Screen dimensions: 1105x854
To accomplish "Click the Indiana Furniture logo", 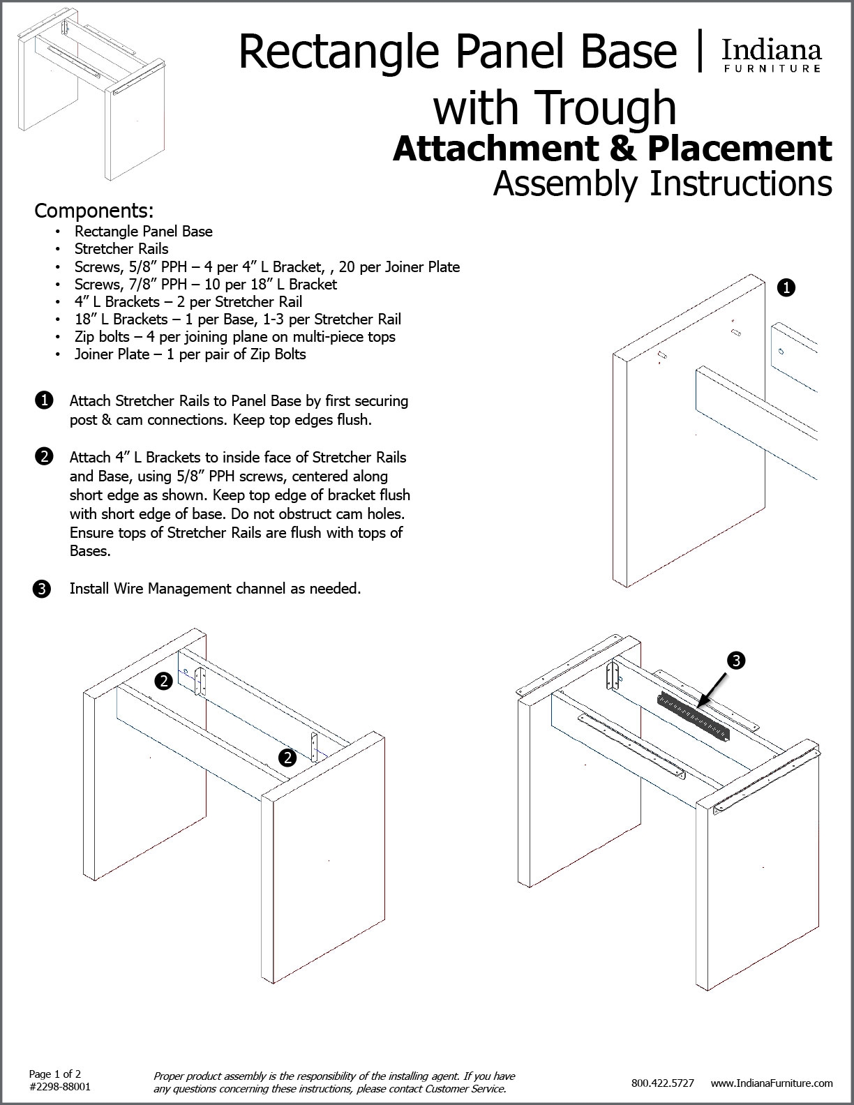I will tap(770, 55).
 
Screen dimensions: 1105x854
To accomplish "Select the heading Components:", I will tap(93, 210).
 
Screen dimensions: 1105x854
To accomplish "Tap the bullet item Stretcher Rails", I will tap(121, 249).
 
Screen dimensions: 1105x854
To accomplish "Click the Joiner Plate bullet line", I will tap(190, 354).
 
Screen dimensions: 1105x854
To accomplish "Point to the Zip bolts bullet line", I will tap(234, 337).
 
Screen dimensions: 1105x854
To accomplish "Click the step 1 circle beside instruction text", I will tap(43, 400).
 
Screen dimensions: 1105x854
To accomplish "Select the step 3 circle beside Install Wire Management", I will tap(42, 589).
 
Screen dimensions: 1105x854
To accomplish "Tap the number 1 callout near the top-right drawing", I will tap(786, 287).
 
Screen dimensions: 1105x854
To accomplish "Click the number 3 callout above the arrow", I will tap(735, 660).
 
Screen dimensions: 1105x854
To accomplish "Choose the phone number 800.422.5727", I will tap(662, 1083).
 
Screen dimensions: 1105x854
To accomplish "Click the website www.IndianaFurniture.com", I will tap(772, 1083).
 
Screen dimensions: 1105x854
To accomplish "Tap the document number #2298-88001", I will tap(60, 1087).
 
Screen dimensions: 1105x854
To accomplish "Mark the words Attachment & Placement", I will tap(613, 148).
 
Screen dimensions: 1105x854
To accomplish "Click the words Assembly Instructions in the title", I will tap(662, 183).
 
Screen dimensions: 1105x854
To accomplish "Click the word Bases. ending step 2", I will tap(90, 551).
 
